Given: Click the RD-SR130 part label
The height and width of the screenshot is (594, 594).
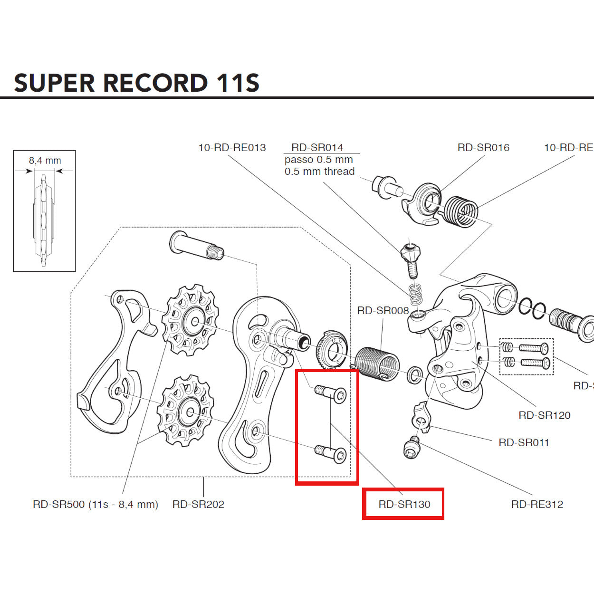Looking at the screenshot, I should click(404, 504).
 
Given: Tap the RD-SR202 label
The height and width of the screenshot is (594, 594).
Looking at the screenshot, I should click(198, 504).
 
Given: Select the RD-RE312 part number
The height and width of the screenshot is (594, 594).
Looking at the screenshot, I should click(537, 504).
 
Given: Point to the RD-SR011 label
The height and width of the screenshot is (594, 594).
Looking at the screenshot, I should click(524, 442).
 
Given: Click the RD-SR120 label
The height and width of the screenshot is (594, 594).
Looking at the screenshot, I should click(544, 415).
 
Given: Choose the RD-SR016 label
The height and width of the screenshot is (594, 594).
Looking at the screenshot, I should click(483, 148).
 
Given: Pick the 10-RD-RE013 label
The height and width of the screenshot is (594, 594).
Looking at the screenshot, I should click(232, 148).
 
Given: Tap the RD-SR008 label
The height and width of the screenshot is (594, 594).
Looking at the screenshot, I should click(383, 311).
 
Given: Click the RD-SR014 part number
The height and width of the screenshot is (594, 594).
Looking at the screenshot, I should click(317, 148).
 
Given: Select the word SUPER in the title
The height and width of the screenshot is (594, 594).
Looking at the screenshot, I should click(55, 83).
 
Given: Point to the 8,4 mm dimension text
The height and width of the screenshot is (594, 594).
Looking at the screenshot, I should click(45, 161).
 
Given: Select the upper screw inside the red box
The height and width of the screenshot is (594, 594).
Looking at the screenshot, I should click(331, 393).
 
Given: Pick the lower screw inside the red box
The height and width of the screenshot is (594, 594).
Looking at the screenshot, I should click(331, 453).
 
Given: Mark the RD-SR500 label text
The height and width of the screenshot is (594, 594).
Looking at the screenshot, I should click(95, 504).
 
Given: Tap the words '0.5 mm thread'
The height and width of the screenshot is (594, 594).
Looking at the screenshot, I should click(319, 172).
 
